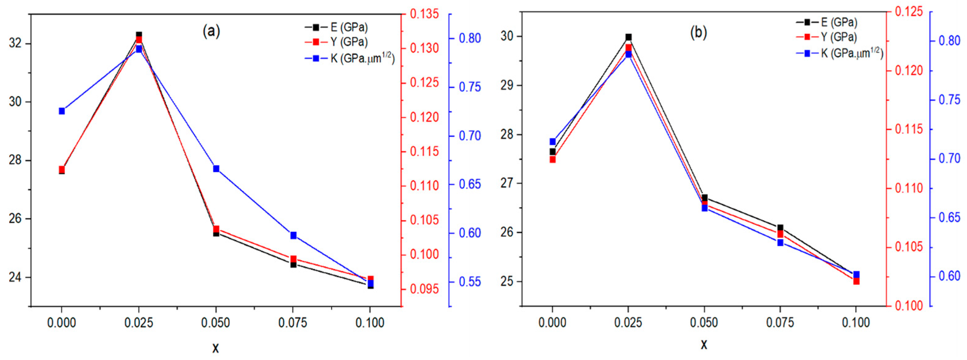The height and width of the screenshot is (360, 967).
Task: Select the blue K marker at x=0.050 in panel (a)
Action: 216,169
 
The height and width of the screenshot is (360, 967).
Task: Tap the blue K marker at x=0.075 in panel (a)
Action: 293,235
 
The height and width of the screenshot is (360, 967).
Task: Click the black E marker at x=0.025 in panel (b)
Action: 629,37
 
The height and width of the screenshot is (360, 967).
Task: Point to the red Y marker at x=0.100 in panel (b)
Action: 856,281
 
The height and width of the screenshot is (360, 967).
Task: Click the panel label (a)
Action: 211,31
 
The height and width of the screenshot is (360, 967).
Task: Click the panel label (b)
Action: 699,33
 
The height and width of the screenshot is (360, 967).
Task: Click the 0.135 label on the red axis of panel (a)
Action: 424,14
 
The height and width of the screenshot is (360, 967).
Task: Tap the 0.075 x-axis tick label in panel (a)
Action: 293,323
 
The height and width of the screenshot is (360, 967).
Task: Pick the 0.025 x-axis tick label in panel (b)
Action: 629,323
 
